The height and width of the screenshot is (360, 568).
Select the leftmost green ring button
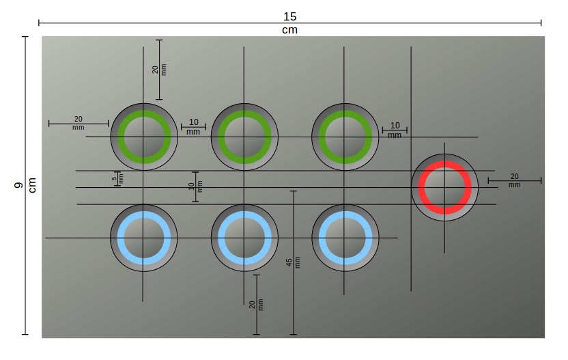pos(143,137)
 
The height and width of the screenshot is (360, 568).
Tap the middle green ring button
pos(244,137)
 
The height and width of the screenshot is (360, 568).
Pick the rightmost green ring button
pos(345,137)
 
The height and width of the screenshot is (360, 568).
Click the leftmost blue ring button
pos(143,238)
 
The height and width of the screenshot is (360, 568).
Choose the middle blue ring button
pos(244,238)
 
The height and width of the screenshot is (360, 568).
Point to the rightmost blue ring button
pos(345,238)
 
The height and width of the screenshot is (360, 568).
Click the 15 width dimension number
pos(289,16)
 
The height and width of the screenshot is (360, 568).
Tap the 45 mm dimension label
pos(289,262)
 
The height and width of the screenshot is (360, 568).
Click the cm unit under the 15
pos(289,30)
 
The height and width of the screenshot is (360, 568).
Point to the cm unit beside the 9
pos(32,185)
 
